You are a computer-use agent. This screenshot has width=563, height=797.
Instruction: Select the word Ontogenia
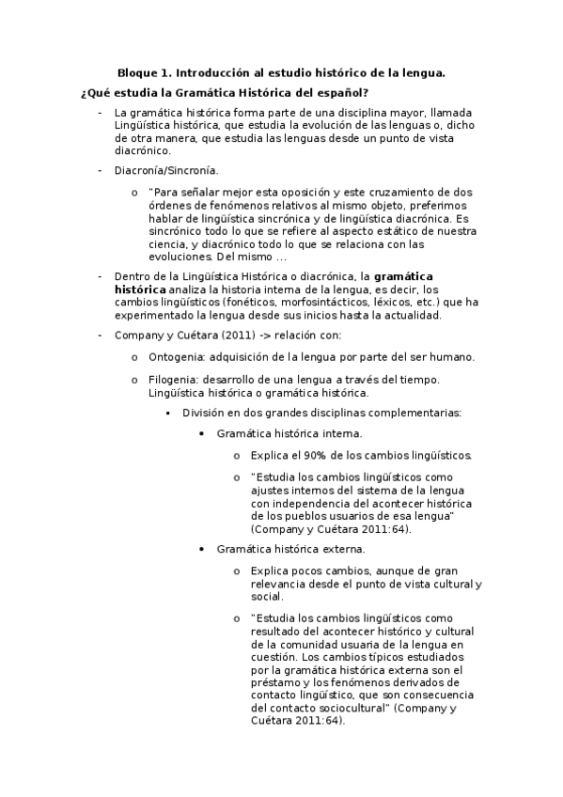pyautogui.click(x=176, y=357)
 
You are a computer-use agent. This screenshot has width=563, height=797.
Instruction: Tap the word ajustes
pyautogui.click(x=270, y=490)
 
